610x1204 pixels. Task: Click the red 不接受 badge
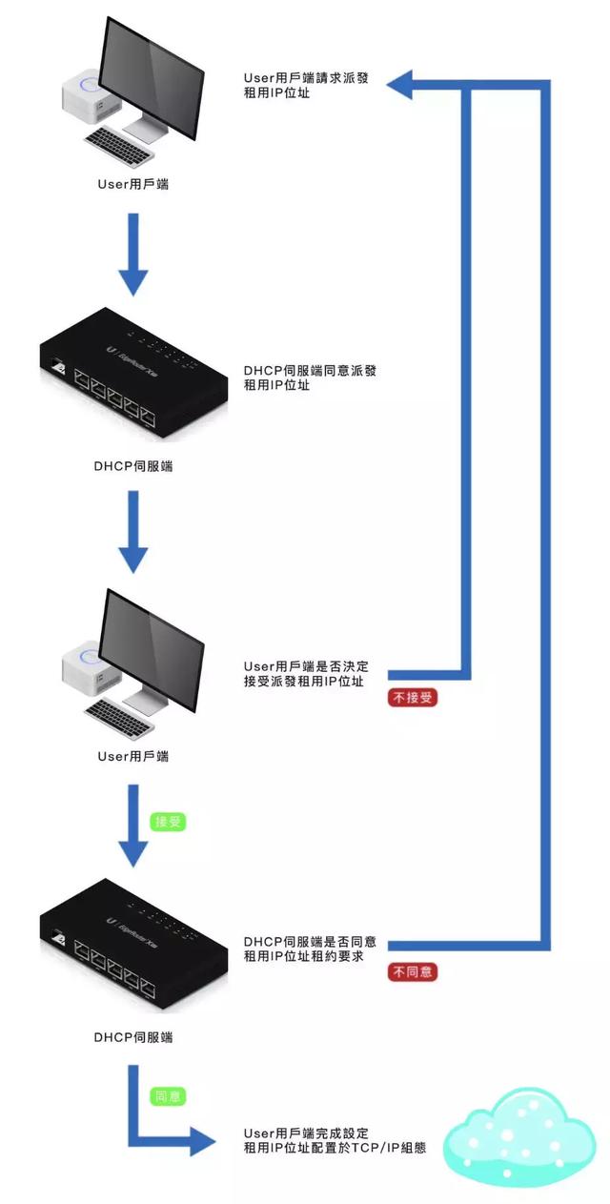pos(413,697)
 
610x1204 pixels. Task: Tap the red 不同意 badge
pos(413,972)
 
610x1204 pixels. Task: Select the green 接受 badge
pos(169,820)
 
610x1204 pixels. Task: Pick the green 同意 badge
pos(169,1096)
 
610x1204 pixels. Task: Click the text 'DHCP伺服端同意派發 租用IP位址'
pos(303,378)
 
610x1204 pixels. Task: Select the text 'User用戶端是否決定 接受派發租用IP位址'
pos(305,673)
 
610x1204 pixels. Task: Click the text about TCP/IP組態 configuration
pos(334,1140)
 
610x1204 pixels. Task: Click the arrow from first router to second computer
pos(133,534)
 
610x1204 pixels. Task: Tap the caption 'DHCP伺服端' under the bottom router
pos(133,1035)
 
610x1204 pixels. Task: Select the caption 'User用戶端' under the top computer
pos(133,184)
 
